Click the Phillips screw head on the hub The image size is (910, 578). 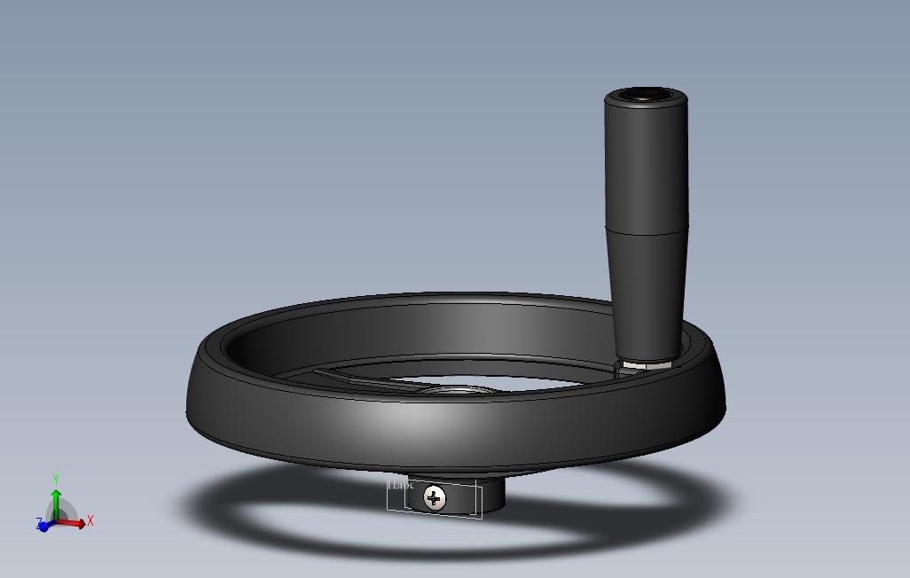coord(434,498)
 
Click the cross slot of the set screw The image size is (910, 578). coord(434,498)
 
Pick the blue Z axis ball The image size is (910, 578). coord(43,527)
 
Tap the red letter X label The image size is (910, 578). coord(90,521)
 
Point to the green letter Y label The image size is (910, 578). coord(56,480)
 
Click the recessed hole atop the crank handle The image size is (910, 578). coord(645,93)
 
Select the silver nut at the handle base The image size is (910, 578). coord(646,363)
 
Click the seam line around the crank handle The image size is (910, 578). coord(647,232)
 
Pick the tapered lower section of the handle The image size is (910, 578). coord(647,293)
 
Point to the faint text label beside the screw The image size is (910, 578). coord(402,485)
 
